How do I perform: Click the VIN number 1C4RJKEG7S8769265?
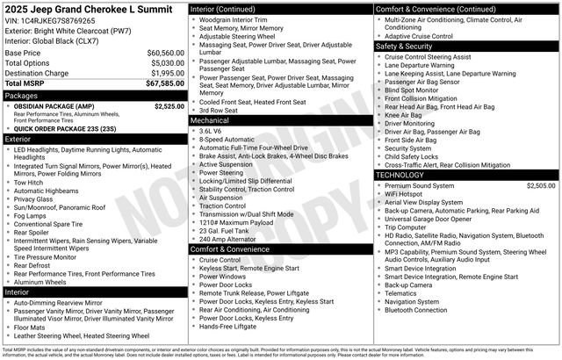click(58, 20)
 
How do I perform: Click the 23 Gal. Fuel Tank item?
click(227, 229)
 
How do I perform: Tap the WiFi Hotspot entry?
click(408, 194)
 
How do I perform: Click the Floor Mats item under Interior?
click(31, 326)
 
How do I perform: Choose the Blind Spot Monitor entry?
click(411, 90)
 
